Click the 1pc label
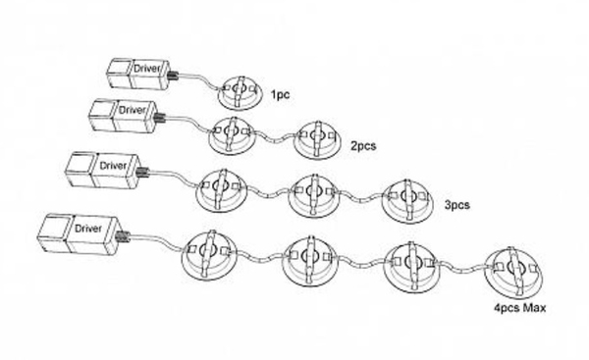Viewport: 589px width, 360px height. click(280, 94)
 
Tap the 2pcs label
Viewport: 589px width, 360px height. click(363, 145)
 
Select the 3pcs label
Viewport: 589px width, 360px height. click(457, 205)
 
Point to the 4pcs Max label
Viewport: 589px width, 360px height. click(520, 308)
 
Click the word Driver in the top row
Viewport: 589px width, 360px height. click(147, 69)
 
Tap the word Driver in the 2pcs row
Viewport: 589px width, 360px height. click(133, 110)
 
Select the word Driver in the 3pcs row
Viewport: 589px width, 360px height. click(113, 166)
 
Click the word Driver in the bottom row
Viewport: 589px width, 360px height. click(88, 229)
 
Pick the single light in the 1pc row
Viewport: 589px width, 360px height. click(240, 93)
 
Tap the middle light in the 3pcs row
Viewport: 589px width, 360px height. click(314, 195)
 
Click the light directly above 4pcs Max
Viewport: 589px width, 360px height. click(513, 272)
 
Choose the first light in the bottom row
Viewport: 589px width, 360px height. click(209, 254)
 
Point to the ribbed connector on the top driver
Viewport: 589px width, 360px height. click(174, 77)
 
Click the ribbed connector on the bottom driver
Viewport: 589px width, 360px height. click(123, 237)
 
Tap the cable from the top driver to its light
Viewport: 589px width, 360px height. click(200, 81)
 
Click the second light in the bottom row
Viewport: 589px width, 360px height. click(310, 261)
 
